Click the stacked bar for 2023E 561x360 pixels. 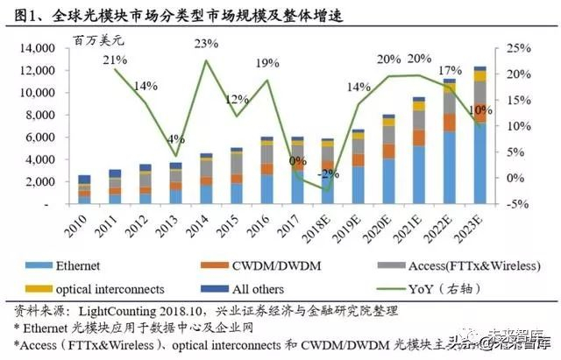(479, 135)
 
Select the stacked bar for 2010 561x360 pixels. (84, 189)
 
